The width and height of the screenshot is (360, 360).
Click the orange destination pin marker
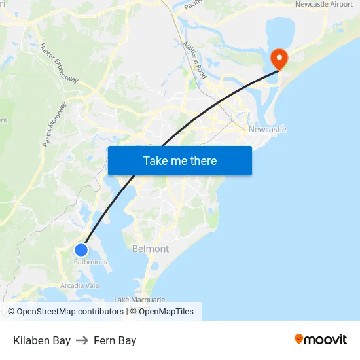click(x=279, y=59)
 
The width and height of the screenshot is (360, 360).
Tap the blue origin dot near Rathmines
click(x=81, y=250)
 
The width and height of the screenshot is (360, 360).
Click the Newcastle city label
click(x=267, y=130)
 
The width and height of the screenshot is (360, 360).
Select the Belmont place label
click(x=151, y=249)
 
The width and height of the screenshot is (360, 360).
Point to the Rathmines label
click(x=90, y=262)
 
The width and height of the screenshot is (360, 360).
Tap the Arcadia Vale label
click(x=80, y=285)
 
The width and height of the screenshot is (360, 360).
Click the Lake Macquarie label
click(x=139, y=300)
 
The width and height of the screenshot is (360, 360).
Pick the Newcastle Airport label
click(x=323, y=5)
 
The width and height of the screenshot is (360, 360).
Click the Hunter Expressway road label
click(x=59, y=63)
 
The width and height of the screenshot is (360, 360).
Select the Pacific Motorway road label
click(x=55, y=124)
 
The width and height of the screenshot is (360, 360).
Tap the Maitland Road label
click(x=195, y=60)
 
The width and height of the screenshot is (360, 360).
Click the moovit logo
click(x=321, y=339)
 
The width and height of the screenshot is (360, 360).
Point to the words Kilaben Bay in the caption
click(x=42, y=340)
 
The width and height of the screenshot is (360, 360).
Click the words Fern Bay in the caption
click(x=115, y=340)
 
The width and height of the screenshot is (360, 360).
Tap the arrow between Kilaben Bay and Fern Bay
click(x=82, y=340)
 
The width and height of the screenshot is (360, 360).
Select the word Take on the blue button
click(x=156, y=161)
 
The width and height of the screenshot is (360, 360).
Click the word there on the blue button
click(x=202, y=161)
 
